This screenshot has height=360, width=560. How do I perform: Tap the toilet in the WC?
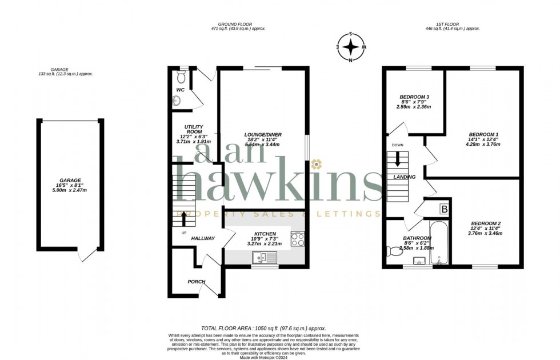tap(182, 77)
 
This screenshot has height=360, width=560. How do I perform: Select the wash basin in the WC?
tap(176, 101)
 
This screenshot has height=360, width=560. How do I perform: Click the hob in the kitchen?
tap(298, 239)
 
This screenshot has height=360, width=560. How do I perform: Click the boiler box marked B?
tap(443, 209)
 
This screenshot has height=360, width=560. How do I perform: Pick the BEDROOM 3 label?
tap(414, 97)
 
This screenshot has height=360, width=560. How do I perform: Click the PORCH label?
tap(197, 282)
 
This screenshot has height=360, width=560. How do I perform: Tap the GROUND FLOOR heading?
tap(238, 23)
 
